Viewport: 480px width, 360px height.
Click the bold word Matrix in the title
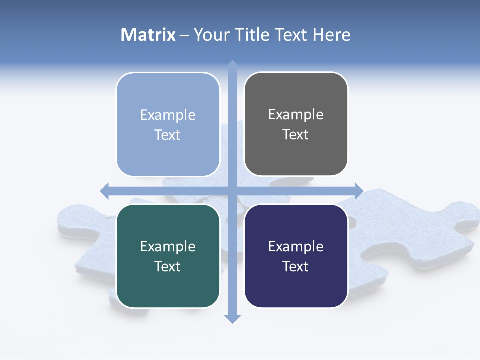click(148, 35)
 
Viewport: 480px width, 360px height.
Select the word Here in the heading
click(332, 35)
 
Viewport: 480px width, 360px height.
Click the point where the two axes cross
click(232, 191)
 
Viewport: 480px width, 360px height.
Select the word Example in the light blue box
click(168, 115)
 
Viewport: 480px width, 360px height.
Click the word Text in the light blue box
click(168, 135)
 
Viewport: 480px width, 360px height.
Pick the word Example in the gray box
click(296, 115)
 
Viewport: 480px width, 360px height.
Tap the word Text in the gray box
click(296, 135)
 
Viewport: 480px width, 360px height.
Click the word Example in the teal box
click(168, 247)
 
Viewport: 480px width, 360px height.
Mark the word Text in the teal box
click(168, 267)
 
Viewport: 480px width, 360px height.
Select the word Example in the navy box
click(296, 247)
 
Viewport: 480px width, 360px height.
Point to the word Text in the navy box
click(296, 267)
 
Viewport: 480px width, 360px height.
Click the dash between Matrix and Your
click(184, 35)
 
